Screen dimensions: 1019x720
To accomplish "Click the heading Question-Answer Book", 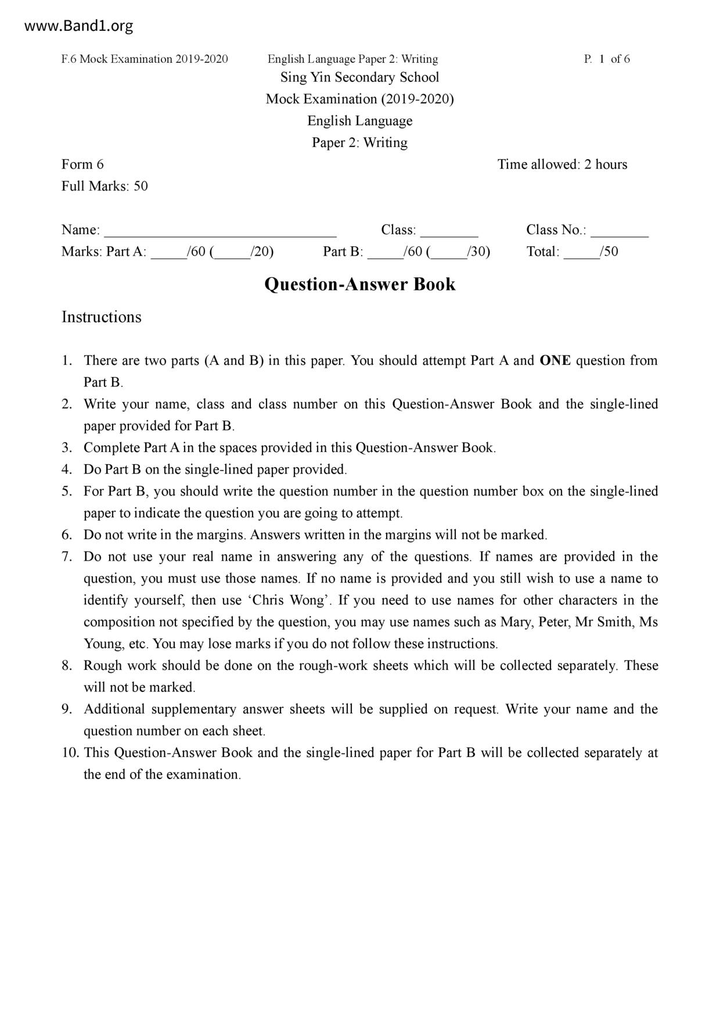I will (x=359, y=284).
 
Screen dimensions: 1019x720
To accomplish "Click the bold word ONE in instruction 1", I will (x=555, y=360).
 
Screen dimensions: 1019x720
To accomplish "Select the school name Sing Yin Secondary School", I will (x=359, y=77).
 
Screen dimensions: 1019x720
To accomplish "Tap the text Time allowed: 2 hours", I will (x=562, y=164).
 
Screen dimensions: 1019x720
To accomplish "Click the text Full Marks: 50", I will (x=105, y=186).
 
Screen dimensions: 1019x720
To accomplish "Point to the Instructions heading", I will (x=102, y=317).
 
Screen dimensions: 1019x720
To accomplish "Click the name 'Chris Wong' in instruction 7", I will (x=287, y=600).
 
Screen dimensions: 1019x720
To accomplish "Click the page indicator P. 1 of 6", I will (x=607, y=59).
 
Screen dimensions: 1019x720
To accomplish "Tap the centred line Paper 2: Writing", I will (x=359, y=142).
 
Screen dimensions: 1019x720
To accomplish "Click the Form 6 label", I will (x=82, y=164).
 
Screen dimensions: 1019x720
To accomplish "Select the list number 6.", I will (x=67, y=534).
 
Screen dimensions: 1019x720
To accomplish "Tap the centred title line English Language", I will (x=359, y=121).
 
